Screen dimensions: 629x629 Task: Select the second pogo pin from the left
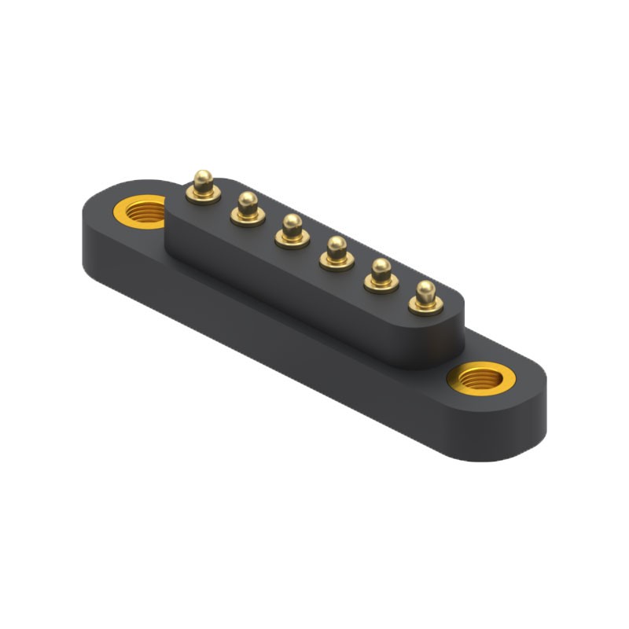pos(248,208)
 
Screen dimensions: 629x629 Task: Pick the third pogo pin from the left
pos(292,230)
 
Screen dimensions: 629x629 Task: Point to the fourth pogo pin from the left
pos(337,252)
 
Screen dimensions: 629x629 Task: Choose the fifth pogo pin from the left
pos(381,274)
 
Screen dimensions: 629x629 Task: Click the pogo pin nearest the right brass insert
pos(425,296)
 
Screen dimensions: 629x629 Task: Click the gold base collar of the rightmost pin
pos(425,306)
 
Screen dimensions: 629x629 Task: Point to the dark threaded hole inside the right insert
pos(480,381)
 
